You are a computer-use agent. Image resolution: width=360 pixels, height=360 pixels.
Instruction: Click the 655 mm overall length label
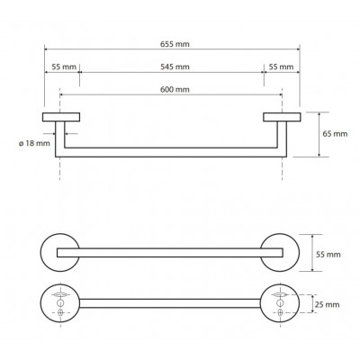[x=175, y=44]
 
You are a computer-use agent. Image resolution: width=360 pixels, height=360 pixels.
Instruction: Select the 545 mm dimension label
[x=175, y=67]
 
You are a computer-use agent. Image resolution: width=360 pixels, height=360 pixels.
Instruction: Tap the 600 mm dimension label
[x=175, y=89]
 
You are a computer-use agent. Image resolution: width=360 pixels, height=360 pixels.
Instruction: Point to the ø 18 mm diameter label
[x=34, y=143]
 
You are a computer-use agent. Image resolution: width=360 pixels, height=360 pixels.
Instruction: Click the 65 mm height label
[x=335, y=134]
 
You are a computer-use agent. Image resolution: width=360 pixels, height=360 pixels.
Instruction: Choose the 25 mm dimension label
[x=328, y=305]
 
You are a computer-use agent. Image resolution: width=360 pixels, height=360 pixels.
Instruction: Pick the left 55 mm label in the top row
[x=64, y=67]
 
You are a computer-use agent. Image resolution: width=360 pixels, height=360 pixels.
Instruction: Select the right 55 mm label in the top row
[x=281, y=67]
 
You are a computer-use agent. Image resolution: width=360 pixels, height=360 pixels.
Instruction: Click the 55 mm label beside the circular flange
[x=328, y=255]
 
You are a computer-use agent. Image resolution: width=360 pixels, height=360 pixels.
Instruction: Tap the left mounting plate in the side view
[x=61, y=117]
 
